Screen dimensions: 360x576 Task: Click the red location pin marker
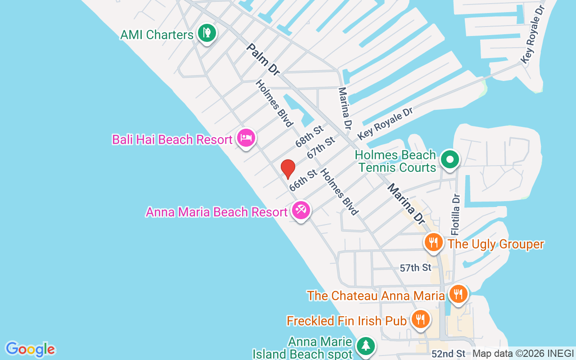(x=288, y=169)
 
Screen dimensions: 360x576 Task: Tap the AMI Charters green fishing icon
(x=207, y=33)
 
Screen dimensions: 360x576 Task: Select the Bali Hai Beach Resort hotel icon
(x=246, y=138)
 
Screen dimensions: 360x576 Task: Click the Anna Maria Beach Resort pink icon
(x=301, y=210)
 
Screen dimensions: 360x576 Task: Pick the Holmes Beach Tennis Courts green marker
(x=449, y=159)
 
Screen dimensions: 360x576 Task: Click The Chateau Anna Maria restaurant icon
(x=458, y=295)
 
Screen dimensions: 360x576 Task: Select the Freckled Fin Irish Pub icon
(x=420, y=319)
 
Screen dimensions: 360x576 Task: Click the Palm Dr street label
(x=263, y=59)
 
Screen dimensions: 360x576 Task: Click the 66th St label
(x=303, y=180)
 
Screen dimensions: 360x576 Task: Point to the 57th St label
(x=415, y=268)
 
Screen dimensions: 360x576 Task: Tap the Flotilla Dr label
(x=456, y=214)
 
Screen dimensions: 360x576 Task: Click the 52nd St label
(x=448, y=354)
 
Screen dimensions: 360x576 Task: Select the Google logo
(x=31, y=349)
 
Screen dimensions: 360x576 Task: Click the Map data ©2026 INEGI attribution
(x=523, y=354)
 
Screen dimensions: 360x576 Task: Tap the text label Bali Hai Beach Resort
(x=172, y=139)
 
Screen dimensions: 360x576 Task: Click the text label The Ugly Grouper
(x=496, y=244)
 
